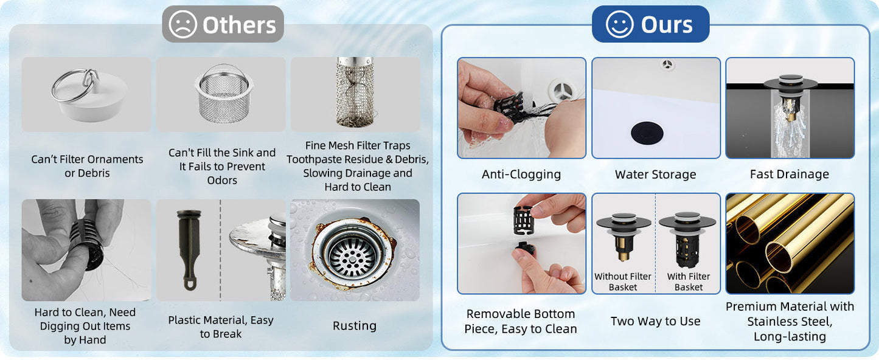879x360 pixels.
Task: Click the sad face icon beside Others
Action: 182,24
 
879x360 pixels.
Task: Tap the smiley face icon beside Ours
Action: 620,24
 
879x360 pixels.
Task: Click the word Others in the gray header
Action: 239,25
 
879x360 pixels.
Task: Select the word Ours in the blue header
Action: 667,25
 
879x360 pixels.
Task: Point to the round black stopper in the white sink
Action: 647,133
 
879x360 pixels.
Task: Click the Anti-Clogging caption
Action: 521,174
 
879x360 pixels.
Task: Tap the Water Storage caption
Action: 655,174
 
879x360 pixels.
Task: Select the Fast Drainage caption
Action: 790,174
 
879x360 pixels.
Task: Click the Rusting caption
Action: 355,326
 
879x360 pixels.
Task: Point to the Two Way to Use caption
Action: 655,321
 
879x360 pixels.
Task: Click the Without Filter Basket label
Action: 623,282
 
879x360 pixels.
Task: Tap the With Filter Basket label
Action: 688,282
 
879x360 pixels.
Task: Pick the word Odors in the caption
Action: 222,181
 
